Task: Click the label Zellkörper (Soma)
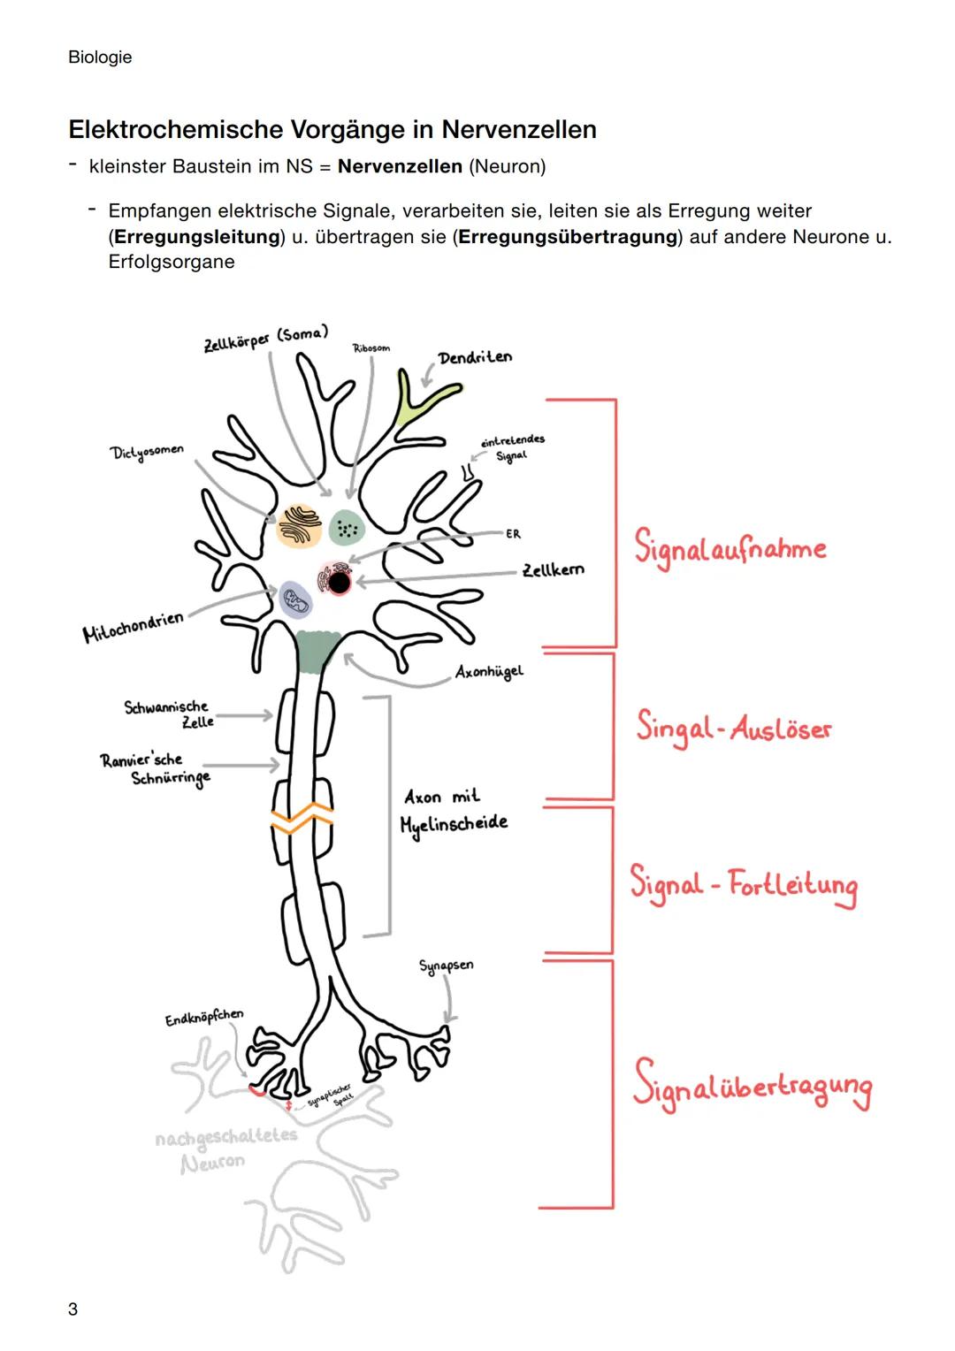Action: (264, 338)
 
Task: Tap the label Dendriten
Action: (474, 357)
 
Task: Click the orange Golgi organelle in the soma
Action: (299, 525)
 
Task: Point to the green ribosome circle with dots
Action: (346, 529)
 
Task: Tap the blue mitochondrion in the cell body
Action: (295, 599)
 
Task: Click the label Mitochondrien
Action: (133, 627)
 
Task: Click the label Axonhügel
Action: (489, 672)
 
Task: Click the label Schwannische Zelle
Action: (168, 714)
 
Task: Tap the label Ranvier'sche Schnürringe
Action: (155, 768)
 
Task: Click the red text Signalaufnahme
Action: (730, 548)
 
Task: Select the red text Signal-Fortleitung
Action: (743, 885)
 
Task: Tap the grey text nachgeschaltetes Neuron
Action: (225, 1149)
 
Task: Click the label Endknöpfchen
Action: (203, 1018)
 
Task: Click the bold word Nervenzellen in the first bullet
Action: (400, 166)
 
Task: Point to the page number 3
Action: (73, 1309)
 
